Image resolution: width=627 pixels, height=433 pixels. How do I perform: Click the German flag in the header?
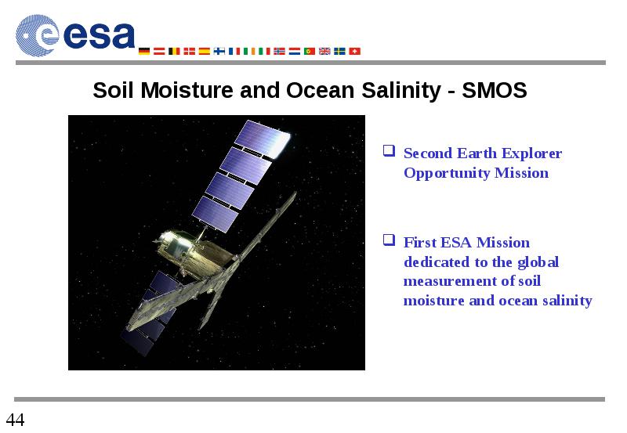(x=144, y=51)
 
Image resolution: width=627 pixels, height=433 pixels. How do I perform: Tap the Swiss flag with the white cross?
(x=355, y=51)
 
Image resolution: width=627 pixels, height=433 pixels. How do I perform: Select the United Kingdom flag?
(x=324, y=51)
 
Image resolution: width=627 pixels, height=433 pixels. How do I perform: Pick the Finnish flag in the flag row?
(x=219, y=51)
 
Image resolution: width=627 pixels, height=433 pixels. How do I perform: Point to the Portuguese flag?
(x=310, y=51)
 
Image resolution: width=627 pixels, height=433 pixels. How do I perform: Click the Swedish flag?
(x=339, y=51)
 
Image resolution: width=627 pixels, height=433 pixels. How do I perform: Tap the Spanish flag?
(x=205, y=51)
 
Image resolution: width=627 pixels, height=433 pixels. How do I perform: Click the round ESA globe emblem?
(x=37, y=35)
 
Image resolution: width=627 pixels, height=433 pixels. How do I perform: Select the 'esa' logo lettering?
(x=100, y=35)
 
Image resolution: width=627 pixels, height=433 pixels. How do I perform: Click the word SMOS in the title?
(x=495, y=90)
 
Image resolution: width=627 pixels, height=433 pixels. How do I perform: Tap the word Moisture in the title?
(x=187, y=90)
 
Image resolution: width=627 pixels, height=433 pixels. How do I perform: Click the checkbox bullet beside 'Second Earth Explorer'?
(x=389, y=150)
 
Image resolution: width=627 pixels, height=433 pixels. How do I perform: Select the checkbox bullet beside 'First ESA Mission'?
(x=389, y=240)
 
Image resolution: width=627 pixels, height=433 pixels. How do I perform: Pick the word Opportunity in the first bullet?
(x=447, y=174)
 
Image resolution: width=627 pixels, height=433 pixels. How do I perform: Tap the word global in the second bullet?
(x=538, y=263)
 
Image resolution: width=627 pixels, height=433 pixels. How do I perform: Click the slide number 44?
(x=15, y=420)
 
